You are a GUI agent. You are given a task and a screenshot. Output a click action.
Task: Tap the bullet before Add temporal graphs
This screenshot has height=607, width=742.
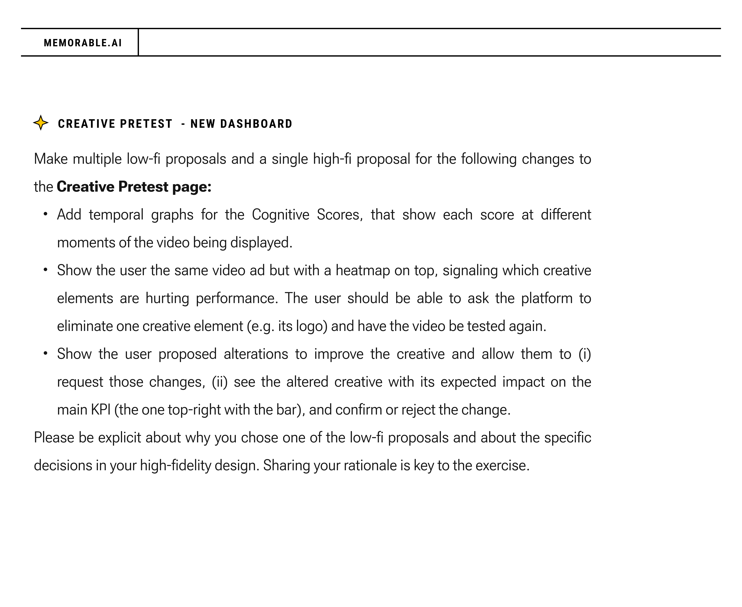click(45, 214)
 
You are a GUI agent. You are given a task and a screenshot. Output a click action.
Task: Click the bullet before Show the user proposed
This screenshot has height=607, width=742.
click(45, 353)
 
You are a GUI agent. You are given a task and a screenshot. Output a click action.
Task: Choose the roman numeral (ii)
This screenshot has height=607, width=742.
click(220, 382)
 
